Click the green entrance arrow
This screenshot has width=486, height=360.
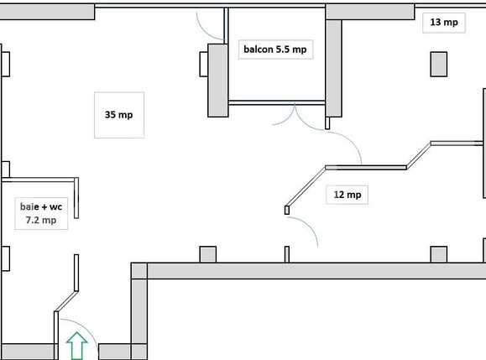pyautogui.click(x=77, y=346)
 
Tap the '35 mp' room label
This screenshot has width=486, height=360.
pyautogui.click(x=118, y=114)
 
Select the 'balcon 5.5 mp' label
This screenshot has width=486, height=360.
pyautogui.click(x=274, y=50)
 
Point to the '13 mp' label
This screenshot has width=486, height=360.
pyautogui.click(x=443, y=23)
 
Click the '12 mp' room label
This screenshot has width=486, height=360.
pyautogui.click(x=347, y=195)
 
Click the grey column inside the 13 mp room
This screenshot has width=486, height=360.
pyautogui.click(x=439, y=64)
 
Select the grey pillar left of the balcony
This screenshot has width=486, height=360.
pyautogui.click(x=217, y=79)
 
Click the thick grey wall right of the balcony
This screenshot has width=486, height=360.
pyautogui.click(x=333, y=67)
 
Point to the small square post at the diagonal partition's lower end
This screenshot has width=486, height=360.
pyautogui.click(x=286, y=210)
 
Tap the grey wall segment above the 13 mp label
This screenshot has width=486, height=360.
pyautogui.click(x=370, y=10)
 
